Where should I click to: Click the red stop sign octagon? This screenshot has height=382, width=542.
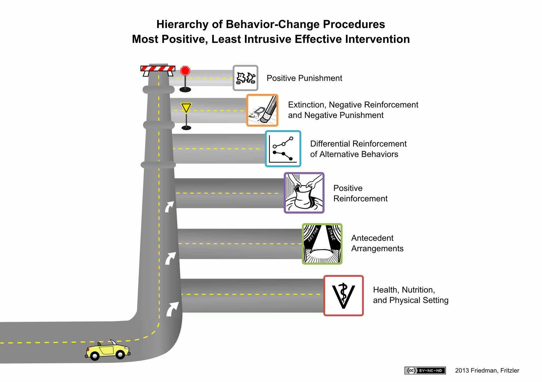[x=185, y=71]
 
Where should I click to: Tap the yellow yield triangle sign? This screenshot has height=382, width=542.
[x=186, y=108]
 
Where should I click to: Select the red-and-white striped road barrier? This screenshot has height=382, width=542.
[x=158, y=70]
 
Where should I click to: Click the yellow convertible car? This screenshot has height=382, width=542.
[x=108, y=350]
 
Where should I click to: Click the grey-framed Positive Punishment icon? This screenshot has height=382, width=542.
[x=246, y=78]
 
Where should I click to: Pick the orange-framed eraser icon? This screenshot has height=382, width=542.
[x=262, y=110]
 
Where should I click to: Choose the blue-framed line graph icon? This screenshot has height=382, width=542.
[x=283, y=149]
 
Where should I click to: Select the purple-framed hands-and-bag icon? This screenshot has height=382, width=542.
[x=304, y=193]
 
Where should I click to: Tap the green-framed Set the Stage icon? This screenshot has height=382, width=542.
[x=322, y=244]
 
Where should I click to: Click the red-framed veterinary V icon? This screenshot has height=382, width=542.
[x=344, y=296]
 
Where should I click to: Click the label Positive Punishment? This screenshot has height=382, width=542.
[x=304, y=78]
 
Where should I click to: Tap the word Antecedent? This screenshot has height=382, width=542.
[x=372, y=238]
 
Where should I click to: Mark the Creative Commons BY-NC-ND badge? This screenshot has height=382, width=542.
[x=425, y=370]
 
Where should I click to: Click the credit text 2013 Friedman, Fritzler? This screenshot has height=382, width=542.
[x=487, y=371]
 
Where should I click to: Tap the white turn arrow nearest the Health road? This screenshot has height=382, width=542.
[x=172, y=309]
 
